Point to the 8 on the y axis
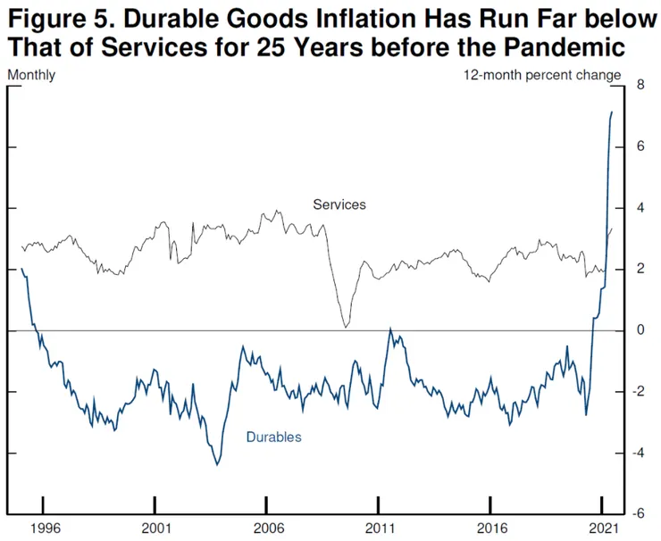(x=640, y=85)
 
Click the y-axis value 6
(x=640, y=146)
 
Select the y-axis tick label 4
(x=640, y=208)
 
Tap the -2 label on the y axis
(x=638, y=392)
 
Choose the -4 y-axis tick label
(x=638, y=454)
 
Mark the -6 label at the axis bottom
(x=638, y=514)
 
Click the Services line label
(x=339, y=204)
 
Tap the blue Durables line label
(x=274, y=437)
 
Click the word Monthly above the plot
(x=31, y=75)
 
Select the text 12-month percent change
(x=541, y=75)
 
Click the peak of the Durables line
(x=612, y=112)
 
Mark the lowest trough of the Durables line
(x=217, y=464)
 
